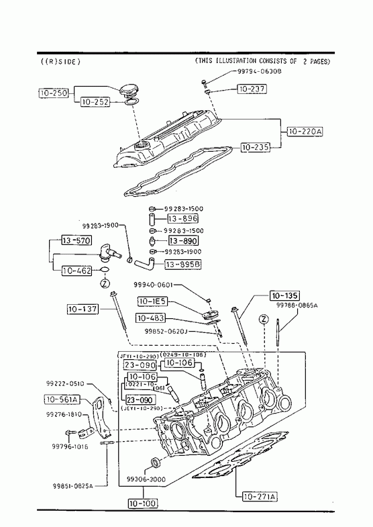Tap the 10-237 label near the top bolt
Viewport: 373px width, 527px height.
252,89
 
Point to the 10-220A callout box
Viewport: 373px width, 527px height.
305,132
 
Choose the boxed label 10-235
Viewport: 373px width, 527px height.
255,146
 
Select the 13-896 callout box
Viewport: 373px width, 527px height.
182,218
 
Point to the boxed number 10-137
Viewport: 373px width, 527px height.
83,309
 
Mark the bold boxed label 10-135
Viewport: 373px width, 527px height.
285,295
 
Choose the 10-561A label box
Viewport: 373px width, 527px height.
62,399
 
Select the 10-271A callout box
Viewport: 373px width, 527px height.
260,497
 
